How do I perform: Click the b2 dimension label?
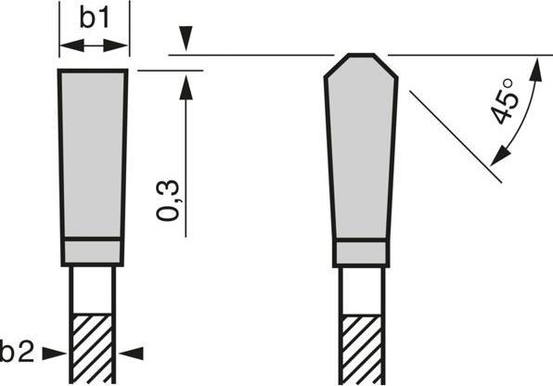click(17, 352)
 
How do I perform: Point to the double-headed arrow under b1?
click(93, 45)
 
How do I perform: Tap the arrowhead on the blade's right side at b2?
click(129, 352)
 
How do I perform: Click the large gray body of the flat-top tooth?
click(93, 153)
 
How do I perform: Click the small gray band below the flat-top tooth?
click(93, 252)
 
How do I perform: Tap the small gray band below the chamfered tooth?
click(362, 252)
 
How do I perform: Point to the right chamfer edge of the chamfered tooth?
click(388, 66)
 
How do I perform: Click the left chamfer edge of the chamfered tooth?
click(335, 66)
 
